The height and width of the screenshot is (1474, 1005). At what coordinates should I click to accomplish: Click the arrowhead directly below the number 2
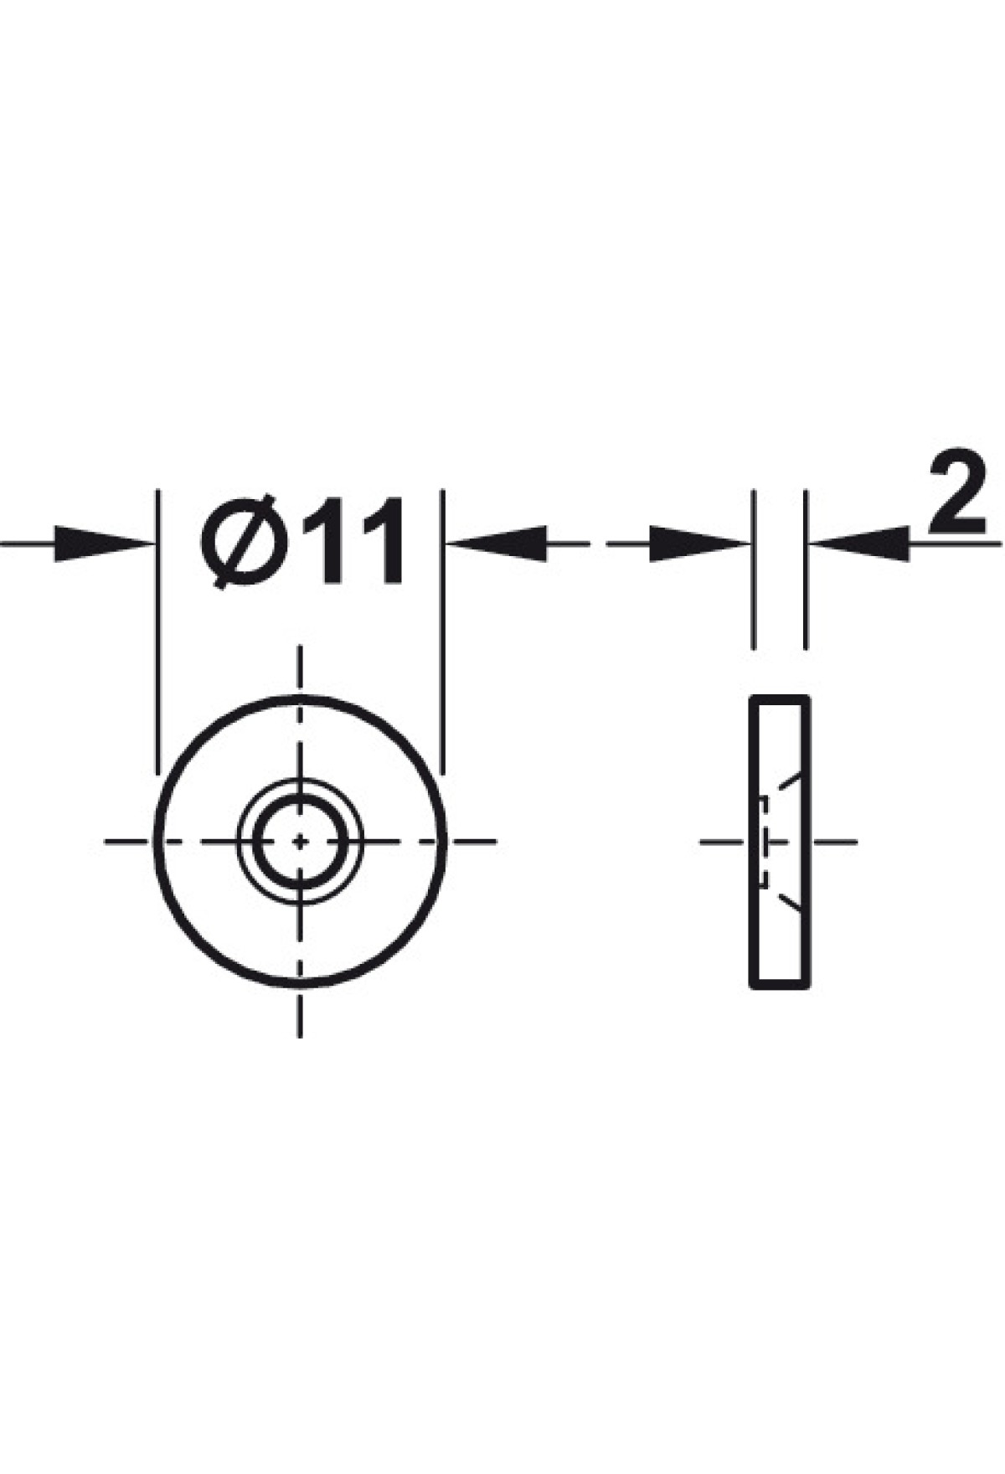[x=858, y=544]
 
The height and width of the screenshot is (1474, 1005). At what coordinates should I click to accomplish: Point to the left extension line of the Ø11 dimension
[x=157, y=633]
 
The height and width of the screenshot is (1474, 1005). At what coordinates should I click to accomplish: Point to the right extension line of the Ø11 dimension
[x=444, y=633]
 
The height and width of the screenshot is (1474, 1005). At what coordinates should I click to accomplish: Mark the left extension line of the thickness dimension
[x=754, y=569]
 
